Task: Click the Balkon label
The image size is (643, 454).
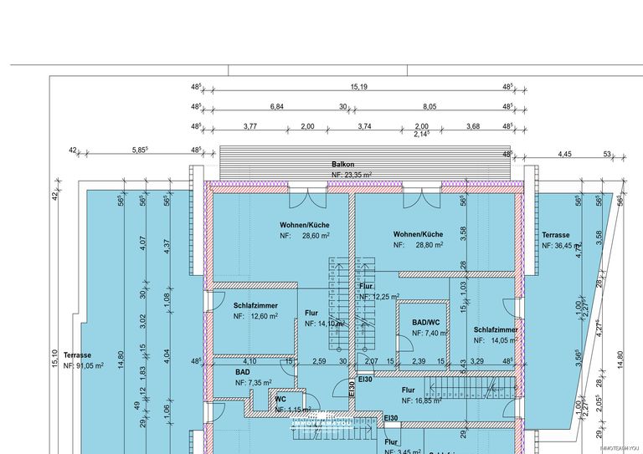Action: coord(343,165)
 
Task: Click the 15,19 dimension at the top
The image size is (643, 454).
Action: coord(359,87)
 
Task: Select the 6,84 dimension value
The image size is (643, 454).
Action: coord(276,107)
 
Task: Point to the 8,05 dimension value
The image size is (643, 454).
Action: coord(430,107)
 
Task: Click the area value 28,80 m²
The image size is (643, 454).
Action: coord(429,245)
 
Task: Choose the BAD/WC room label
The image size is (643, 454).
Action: coord(425,322)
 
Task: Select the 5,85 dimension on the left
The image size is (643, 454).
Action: coord(140,150)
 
